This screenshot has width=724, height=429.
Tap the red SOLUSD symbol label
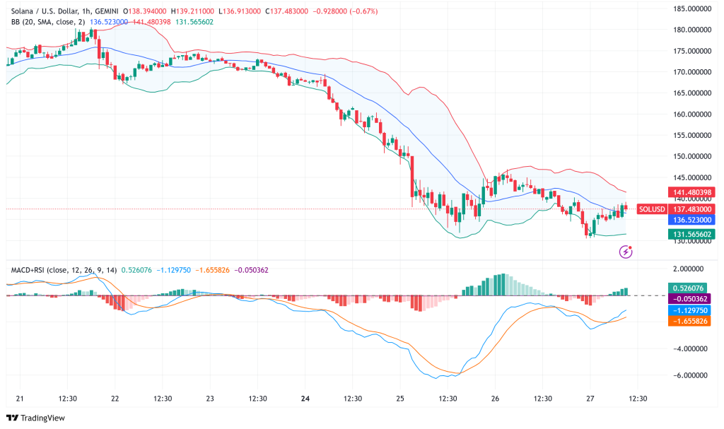click(x=651, y=209)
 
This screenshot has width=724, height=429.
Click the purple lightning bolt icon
click(x=625, y=251)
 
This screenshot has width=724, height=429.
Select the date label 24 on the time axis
click(x=305, y=399)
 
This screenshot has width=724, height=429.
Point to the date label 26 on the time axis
click(x=495, y=399)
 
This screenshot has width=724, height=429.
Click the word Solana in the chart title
click(x=24, y=12)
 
